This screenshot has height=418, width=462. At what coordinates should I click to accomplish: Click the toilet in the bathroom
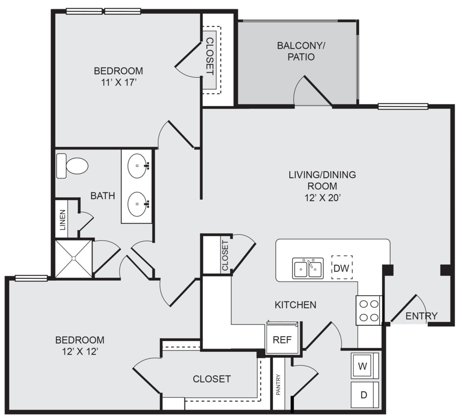click(73, 166)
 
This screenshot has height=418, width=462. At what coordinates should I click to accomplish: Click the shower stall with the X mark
click(73, 259)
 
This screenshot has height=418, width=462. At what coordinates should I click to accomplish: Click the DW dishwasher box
click(342, 268)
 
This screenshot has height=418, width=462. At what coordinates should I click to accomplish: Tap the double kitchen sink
click(308, 268)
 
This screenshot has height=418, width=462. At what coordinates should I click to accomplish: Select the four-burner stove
click(369, 310)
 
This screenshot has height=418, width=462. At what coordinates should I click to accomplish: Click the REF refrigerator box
click(282, 339)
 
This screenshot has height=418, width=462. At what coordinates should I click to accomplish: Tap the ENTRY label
click(421, 316)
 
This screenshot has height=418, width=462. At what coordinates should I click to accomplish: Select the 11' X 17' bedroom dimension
click(118, 83)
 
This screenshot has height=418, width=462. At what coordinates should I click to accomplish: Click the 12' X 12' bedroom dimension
click(79, 351)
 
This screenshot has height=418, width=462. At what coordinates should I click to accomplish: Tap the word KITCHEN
click(296, 305)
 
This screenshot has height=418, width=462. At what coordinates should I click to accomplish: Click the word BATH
click(103, 196)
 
